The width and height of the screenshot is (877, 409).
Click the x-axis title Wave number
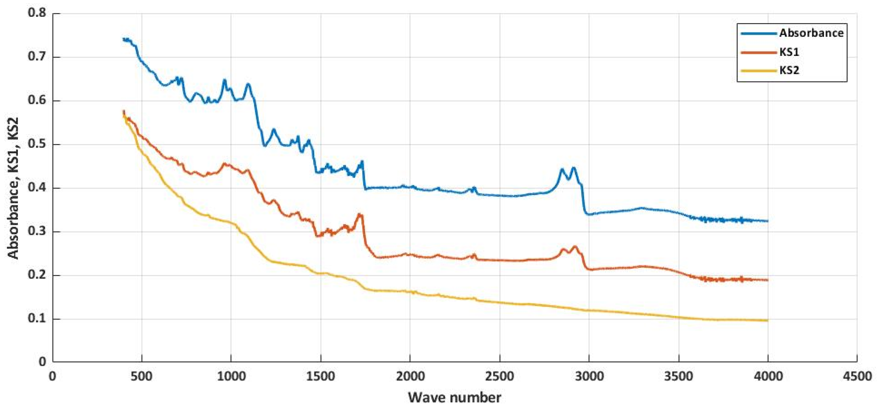(x=455, y=397)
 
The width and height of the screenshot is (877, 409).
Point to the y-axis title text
(x=14, y=188)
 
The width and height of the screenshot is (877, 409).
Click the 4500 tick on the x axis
(x=857, y=376)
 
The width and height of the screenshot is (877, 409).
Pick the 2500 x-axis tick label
(x=499, y=376)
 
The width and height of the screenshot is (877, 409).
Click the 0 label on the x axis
(x=53, y=376)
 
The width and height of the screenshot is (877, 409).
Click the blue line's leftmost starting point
(x=123, y=39)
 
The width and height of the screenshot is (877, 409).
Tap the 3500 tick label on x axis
(x=678, y=376)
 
